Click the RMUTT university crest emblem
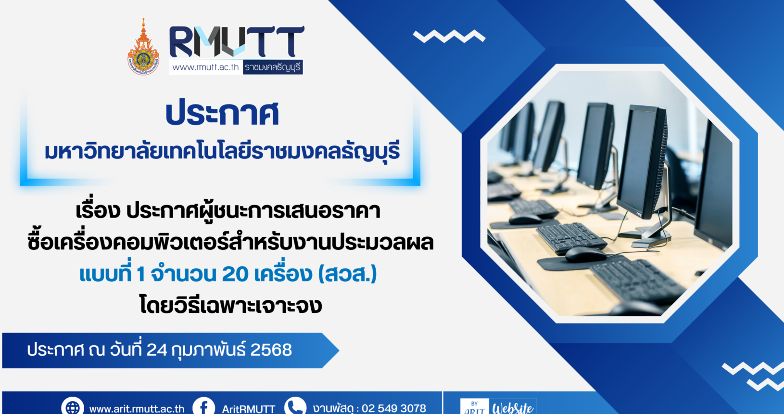[143, 47]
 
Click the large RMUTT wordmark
[237, 41]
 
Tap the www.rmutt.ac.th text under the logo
[205, 67]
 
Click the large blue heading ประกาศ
[222, 113]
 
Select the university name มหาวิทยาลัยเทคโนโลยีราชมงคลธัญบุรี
[222, 151]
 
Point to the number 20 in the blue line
[235, 274]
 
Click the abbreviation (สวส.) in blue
[348, 274]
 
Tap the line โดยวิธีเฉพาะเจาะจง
[230, 305]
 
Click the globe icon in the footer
[73, 406]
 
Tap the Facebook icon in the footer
[204, 406]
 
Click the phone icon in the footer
[295, 406]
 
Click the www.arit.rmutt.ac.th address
[137, 409]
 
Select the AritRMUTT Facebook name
[249, 409]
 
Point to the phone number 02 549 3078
[394, 408]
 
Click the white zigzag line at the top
[449, 36]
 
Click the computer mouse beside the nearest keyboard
[585, 254]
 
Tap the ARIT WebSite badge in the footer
[498, 406]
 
